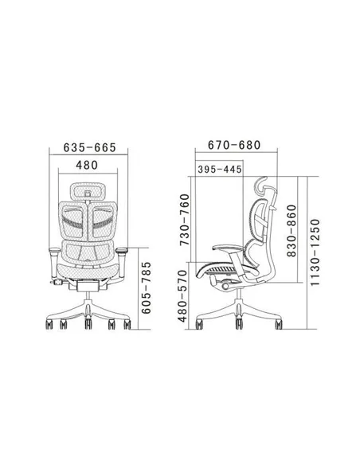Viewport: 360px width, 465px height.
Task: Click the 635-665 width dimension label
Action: click(89, 147)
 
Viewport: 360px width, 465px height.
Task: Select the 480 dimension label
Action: click(87, 165)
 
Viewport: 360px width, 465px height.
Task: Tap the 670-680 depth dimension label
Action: click(234, 145)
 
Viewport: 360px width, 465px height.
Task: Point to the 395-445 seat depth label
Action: click(220, 170)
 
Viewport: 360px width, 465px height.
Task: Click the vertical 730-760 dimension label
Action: click(185, 220)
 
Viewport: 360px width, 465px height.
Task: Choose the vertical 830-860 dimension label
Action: click(292, 230)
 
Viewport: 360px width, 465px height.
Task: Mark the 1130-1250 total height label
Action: click(315, 252)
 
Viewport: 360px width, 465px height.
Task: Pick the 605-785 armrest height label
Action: click(146, 287)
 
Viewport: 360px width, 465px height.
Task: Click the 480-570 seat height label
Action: click(182, 296)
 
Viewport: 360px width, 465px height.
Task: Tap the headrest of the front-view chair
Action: click(88, 191)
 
